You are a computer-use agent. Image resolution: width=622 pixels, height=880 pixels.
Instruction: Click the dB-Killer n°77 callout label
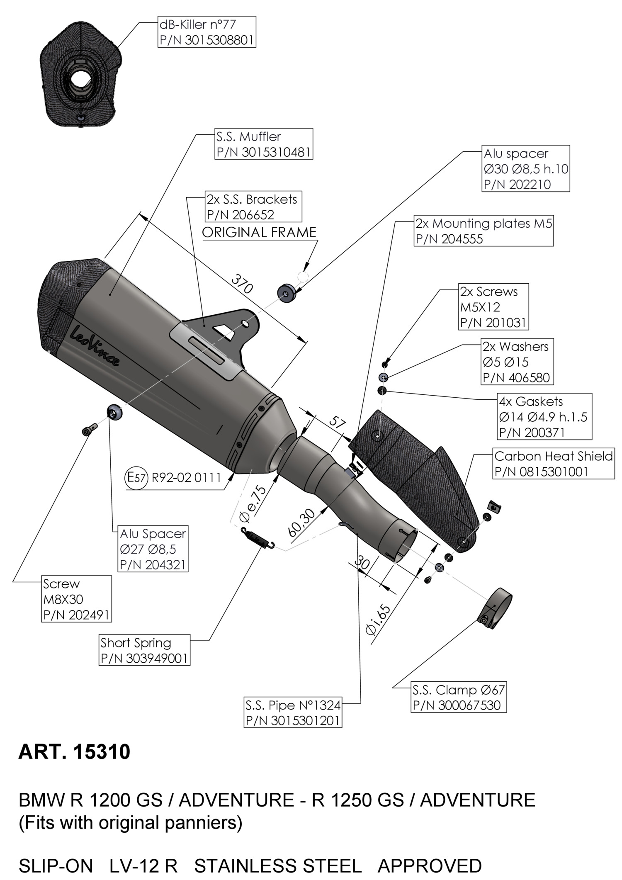click(x=207, y=32)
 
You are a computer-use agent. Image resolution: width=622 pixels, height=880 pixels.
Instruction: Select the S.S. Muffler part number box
click(x=263, y=144)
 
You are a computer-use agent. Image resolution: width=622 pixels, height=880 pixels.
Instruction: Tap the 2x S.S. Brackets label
click(x=253, y=207)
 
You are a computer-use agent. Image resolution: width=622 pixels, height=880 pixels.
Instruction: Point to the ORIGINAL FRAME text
click(x=259, y=232)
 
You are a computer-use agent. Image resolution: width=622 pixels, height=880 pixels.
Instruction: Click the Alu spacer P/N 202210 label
click(x=526, y=168)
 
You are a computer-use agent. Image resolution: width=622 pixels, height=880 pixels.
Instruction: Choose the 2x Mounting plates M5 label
click(x=484, y=231)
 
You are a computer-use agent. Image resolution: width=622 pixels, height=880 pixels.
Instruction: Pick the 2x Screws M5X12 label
click(x=493, y=306)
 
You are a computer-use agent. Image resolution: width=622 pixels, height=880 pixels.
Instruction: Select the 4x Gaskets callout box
click(x=544, y=417)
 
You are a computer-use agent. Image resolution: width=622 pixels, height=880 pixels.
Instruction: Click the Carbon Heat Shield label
click(x=554, y=464)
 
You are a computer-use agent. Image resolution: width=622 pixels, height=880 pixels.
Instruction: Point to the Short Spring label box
click(x=144, y=650)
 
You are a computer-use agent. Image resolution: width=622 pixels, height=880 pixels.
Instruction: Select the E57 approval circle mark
click(x=136, y=478)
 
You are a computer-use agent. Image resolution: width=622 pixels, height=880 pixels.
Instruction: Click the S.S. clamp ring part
click(x=496, y=608)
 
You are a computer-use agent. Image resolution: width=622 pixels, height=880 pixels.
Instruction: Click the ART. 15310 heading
click(x=75, y=752)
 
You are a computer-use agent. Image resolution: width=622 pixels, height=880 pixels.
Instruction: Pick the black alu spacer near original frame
click(x=287, y=292)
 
